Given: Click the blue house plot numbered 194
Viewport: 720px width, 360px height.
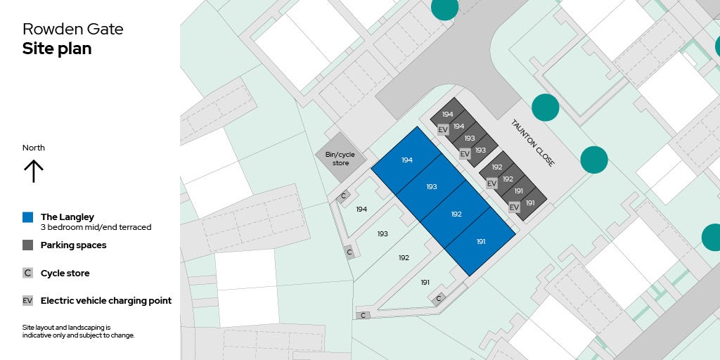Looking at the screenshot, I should (407, 160).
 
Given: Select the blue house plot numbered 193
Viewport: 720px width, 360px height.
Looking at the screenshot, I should (432, 186).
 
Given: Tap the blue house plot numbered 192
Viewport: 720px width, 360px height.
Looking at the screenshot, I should (456, 214).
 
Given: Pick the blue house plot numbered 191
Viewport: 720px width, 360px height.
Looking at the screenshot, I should (481, 241).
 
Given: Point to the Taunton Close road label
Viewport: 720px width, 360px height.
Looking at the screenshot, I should (533, 142).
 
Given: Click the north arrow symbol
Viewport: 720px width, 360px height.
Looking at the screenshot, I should (34, 171).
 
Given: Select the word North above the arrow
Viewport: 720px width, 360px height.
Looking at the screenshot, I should (34, 148).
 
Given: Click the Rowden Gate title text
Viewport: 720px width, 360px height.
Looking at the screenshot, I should (72, 29).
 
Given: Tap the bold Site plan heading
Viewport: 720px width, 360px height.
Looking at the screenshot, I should (57, 49).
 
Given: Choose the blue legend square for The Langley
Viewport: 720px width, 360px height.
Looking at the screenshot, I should (28, 217).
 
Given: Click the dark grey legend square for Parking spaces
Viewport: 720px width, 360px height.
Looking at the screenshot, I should (28, 245).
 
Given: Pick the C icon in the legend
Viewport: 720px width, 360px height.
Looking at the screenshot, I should (28, 273).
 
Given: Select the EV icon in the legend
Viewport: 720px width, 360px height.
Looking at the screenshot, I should (28, 301).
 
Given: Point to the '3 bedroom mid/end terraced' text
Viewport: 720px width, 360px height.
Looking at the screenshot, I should (96, 227).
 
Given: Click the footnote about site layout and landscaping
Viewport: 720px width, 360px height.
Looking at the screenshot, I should (78, 331).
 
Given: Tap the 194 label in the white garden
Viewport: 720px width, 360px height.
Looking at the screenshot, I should (361, 209).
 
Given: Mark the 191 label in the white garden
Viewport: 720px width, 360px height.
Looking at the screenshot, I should (425, 282).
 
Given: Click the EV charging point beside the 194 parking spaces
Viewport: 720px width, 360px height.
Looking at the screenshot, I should (443, 129).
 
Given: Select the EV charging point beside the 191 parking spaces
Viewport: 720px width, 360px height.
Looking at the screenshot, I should (514, 207).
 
